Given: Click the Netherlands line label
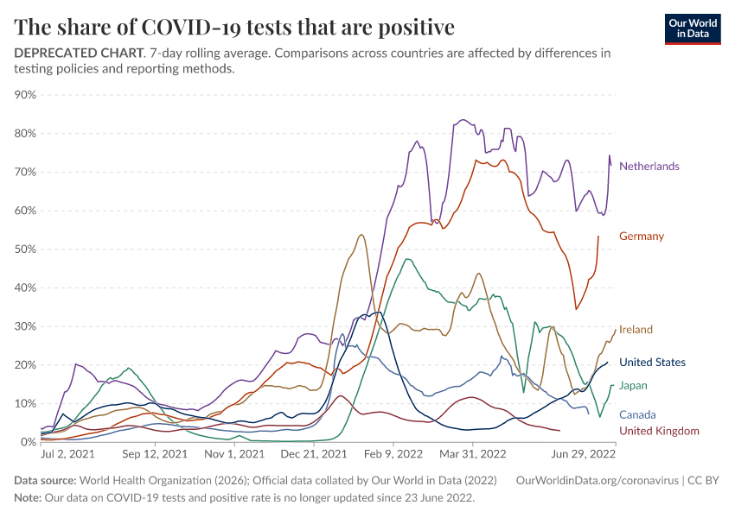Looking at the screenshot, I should [649, 166].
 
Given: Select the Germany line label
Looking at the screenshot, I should [641, 236].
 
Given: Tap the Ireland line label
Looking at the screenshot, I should [636, 329].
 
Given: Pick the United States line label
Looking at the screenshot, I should [652, 363].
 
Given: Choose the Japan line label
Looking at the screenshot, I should [633, 385].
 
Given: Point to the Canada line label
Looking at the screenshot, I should [637, 414].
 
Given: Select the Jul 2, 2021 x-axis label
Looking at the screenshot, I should [67, 453].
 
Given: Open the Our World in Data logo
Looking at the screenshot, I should [693, 28].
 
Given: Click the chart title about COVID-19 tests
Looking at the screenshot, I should [235, 27].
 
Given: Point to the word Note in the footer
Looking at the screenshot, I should [28, 498].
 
